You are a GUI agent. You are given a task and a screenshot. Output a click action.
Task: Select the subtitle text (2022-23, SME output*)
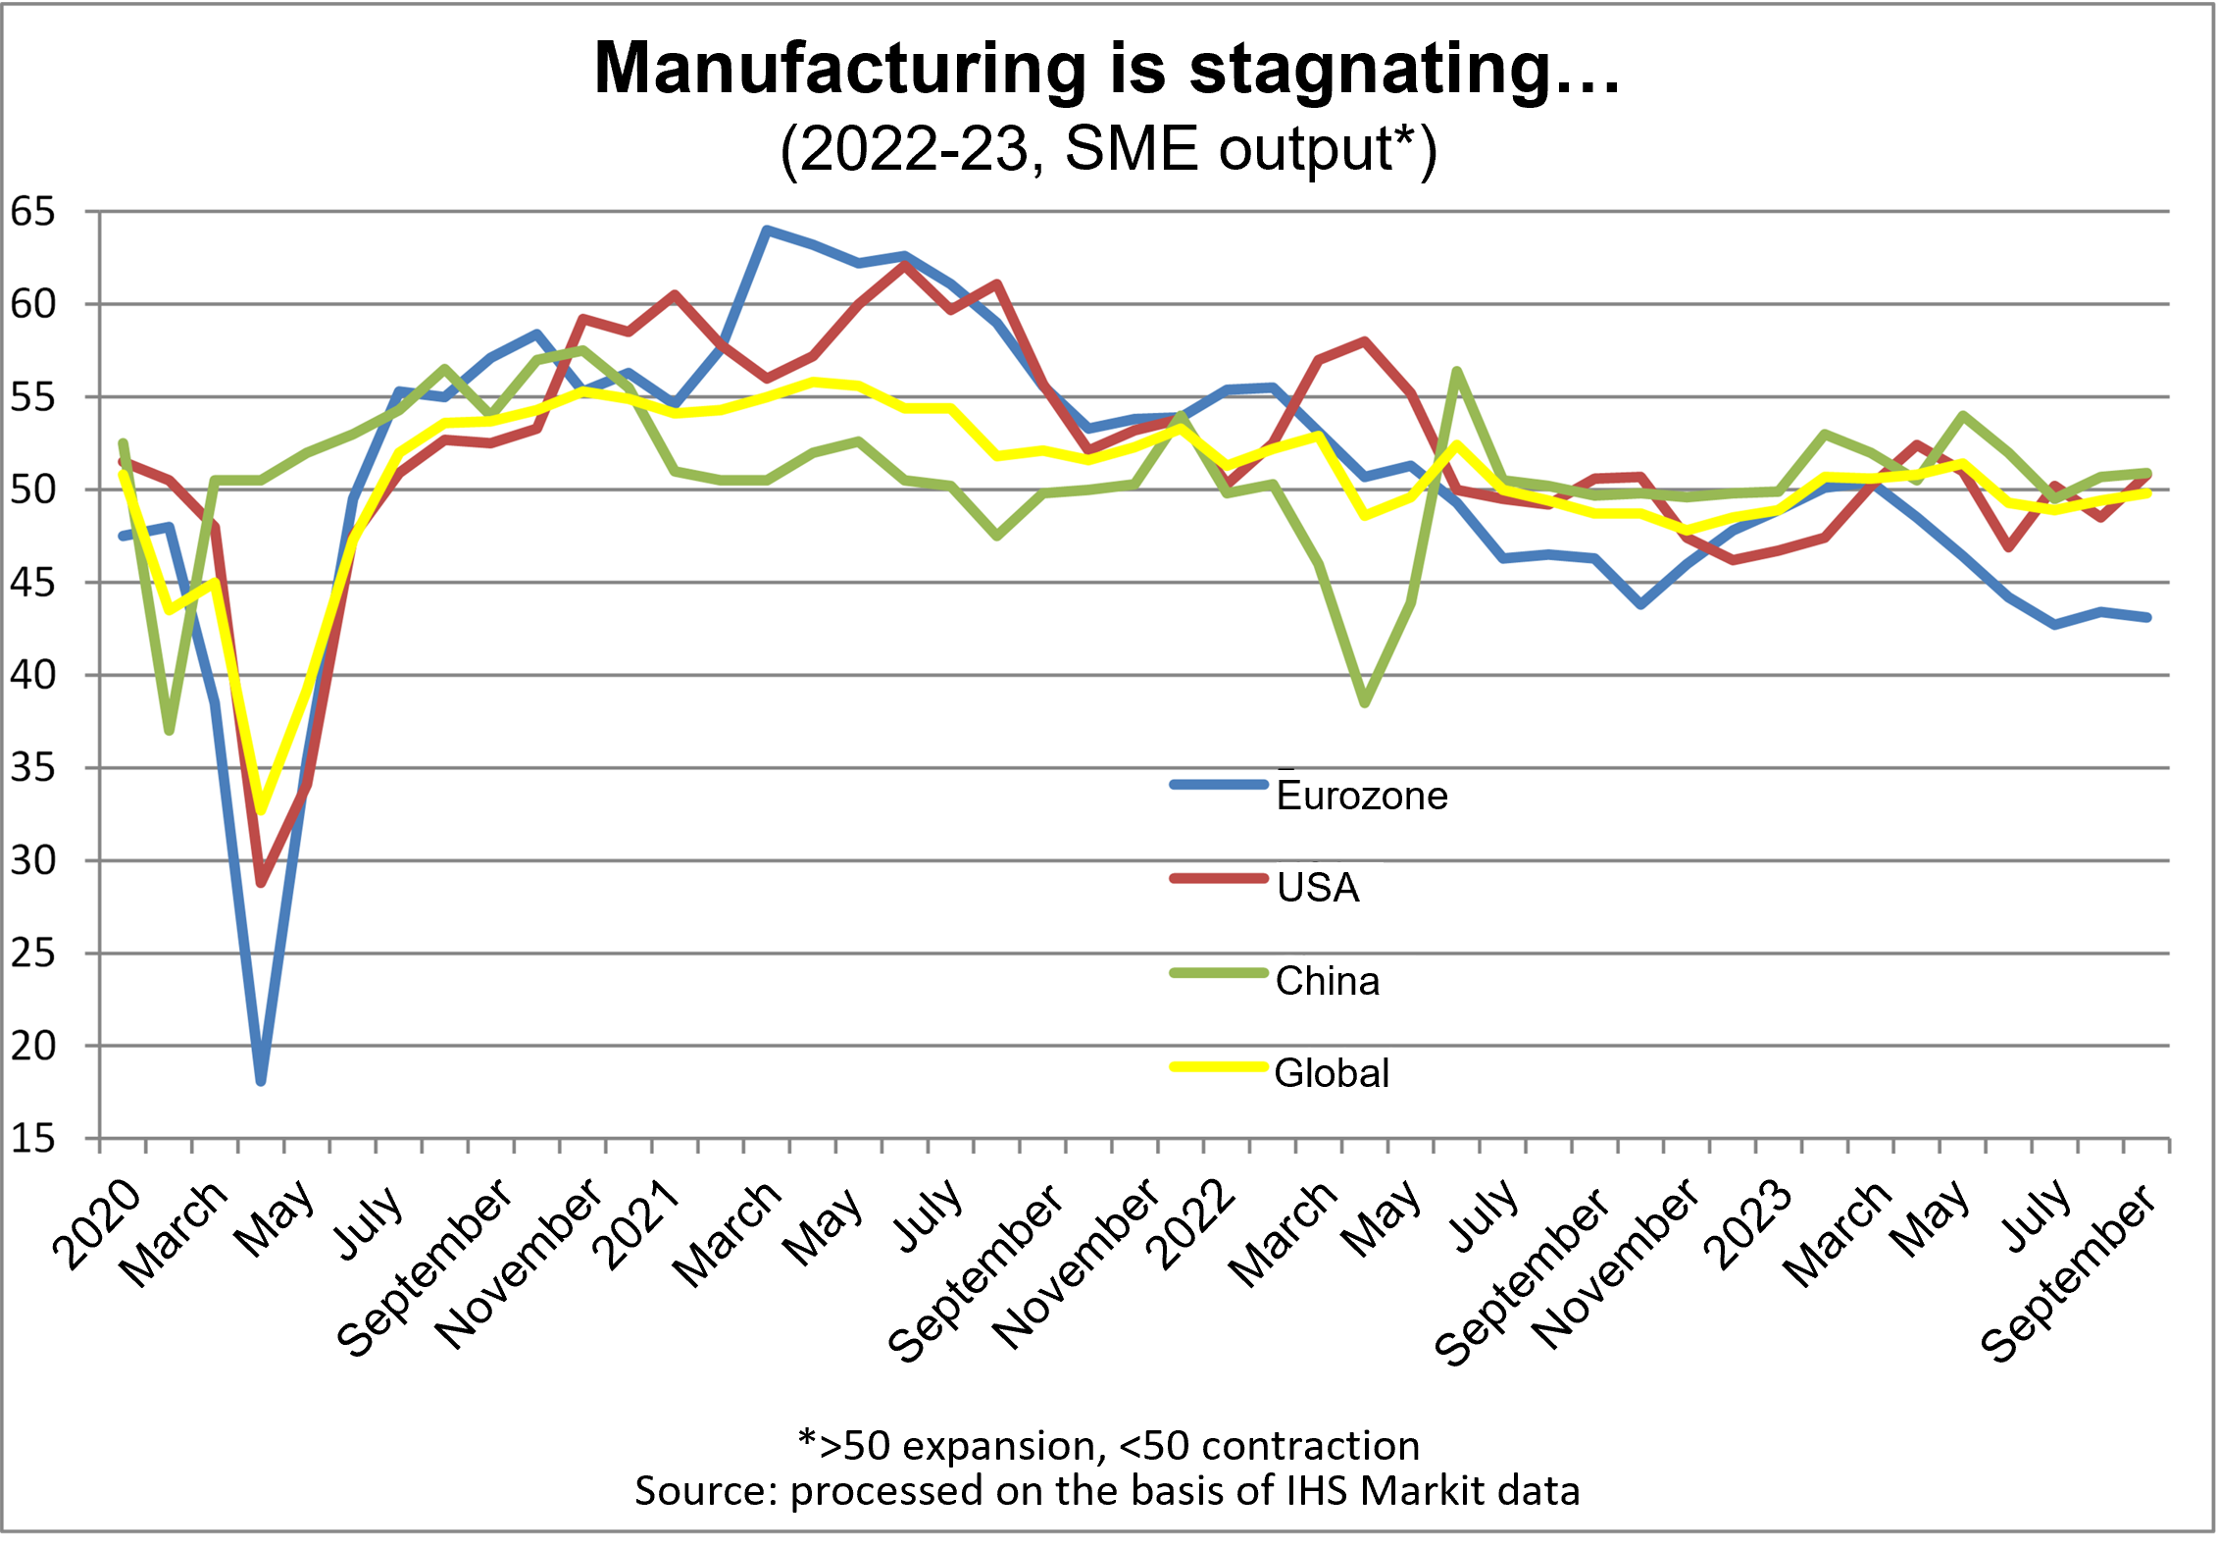(1108, 150)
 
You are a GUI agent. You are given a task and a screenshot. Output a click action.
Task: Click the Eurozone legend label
(1361, 796)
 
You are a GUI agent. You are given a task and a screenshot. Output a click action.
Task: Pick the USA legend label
(1318, 888)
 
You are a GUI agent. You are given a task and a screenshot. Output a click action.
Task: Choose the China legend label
(1327, 981)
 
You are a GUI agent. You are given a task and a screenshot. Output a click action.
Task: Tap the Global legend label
(1332, 1073)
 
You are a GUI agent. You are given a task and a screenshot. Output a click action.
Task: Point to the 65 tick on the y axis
(33, 212)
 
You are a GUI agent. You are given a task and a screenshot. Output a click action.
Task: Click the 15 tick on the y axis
(33, 1139)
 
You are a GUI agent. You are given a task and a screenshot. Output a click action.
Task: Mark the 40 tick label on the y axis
(33, 675)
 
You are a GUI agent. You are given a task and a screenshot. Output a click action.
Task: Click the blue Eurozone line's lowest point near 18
(261, 1081)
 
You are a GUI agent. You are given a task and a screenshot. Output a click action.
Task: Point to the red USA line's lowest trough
(261, 883)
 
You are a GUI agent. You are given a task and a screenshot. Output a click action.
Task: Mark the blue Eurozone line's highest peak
(767, 230)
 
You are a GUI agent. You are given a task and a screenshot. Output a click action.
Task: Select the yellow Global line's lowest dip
(261, 810)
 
